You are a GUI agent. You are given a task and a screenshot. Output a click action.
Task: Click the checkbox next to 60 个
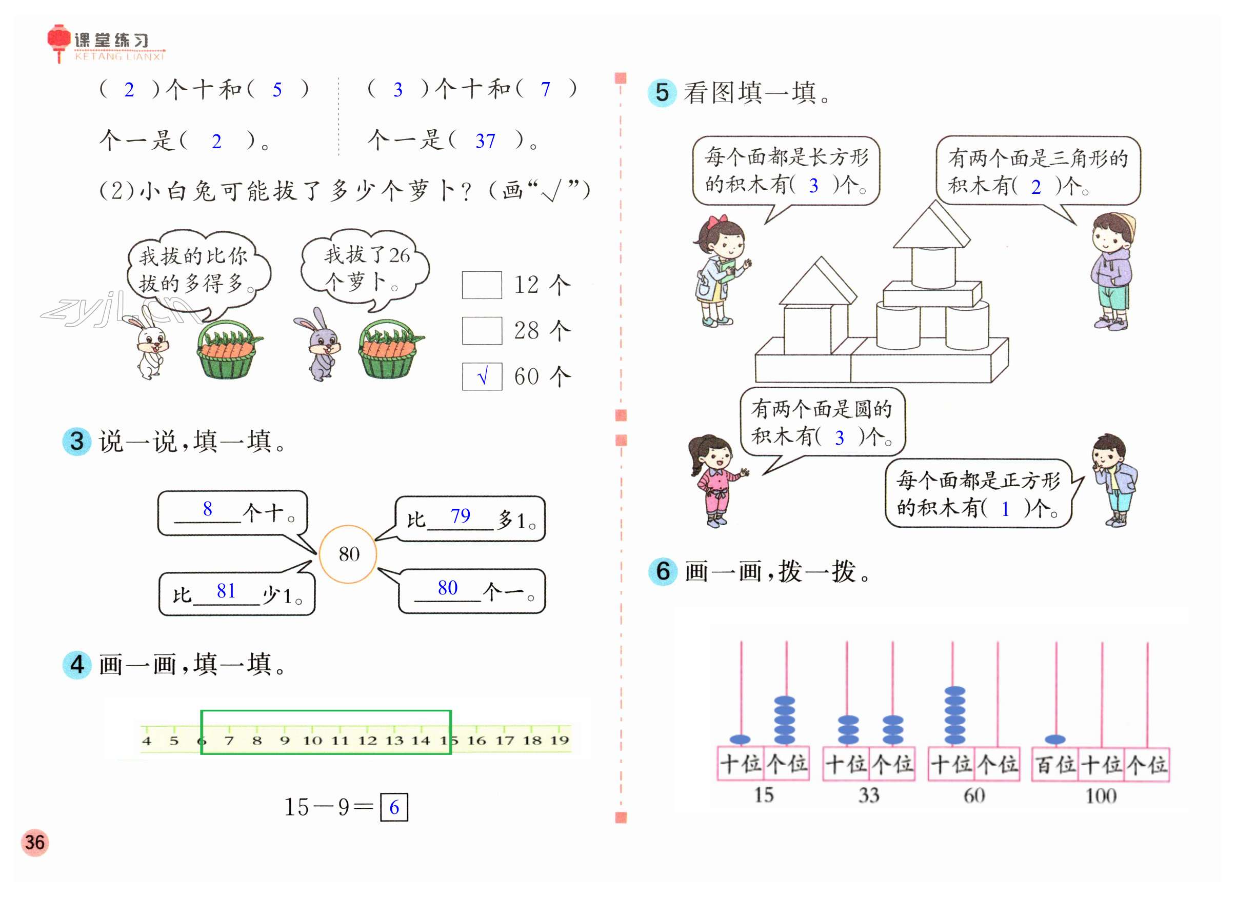pyautogui.click(x=482, y=376)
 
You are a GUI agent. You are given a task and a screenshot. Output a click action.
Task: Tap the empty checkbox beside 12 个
pyautogui.click(x=482, y=285)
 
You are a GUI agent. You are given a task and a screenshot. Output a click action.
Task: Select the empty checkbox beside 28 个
pyautogui.click(x=482, y=331)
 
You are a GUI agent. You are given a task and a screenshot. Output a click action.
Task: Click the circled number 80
pyautogui.click(x=348, y=554)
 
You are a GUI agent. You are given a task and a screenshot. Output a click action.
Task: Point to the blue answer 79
pyautogui.click(x=460, y=515)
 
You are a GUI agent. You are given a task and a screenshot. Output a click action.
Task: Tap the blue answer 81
pyautogui.click(x=226, y=591)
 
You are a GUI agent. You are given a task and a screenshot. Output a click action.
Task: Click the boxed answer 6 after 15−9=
pyautogui.click(x=394, y=807)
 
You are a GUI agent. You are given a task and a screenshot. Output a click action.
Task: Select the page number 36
pyautogui.click(x=35, y=843)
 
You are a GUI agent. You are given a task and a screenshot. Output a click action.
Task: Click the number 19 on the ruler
pyautogui.click(x=559, y=740)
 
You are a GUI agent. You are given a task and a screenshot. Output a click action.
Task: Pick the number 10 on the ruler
pyautogui.click(x=312, y=740)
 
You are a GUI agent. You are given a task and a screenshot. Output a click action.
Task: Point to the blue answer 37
pyautogui.click(x=485, y=141)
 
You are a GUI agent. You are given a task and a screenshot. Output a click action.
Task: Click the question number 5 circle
pyautogui.click(x=662, y=93)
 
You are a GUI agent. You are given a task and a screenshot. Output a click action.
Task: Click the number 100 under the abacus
pyautogui.click(x=1100, y=796)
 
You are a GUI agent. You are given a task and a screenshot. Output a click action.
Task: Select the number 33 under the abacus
pyautogui.click(x=869, y=795)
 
